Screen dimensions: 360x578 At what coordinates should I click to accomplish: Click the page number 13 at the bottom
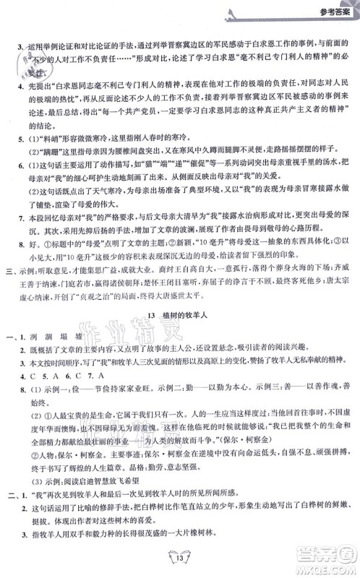click(x=180, y=558)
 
